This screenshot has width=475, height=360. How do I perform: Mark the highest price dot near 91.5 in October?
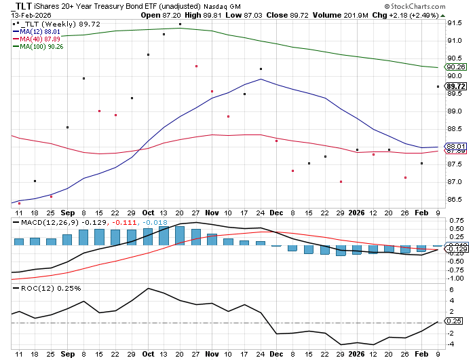click(180, 24)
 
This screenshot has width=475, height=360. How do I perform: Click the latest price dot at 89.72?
click(438, 86)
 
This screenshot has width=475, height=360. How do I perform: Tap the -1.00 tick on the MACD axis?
click(455, 278)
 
